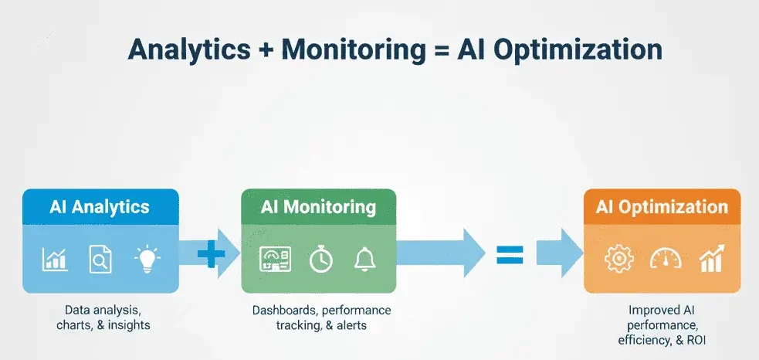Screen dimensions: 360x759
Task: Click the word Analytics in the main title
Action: (x=189, y=49)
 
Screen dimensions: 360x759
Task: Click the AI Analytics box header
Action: (x=100, y=206)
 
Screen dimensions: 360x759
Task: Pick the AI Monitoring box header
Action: (x=318, y=206)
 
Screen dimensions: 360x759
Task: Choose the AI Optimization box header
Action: (x=662, y=207)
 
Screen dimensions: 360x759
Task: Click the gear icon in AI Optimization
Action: (x=618, y=260)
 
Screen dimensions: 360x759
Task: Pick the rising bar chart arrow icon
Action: (x=710, y=259)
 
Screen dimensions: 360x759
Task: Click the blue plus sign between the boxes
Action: (x=210, y=254)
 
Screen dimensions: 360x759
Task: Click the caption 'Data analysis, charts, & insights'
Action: (x=103, y=318)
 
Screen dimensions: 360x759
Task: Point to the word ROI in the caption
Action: (x=696, y=340)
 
